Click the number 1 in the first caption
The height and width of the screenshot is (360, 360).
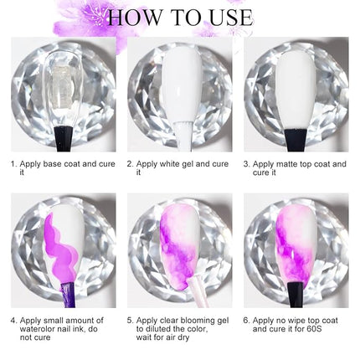tap(13, 164)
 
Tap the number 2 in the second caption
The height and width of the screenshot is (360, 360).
tap(129, 164)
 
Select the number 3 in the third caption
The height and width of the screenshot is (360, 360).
tap(245, 164)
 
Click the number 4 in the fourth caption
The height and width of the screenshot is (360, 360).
tap(13, 320)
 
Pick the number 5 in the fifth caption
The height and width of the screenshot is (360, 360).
tap(129, 320)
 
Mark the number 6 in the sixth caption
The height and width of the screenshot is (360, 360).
tap(245, 320)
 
